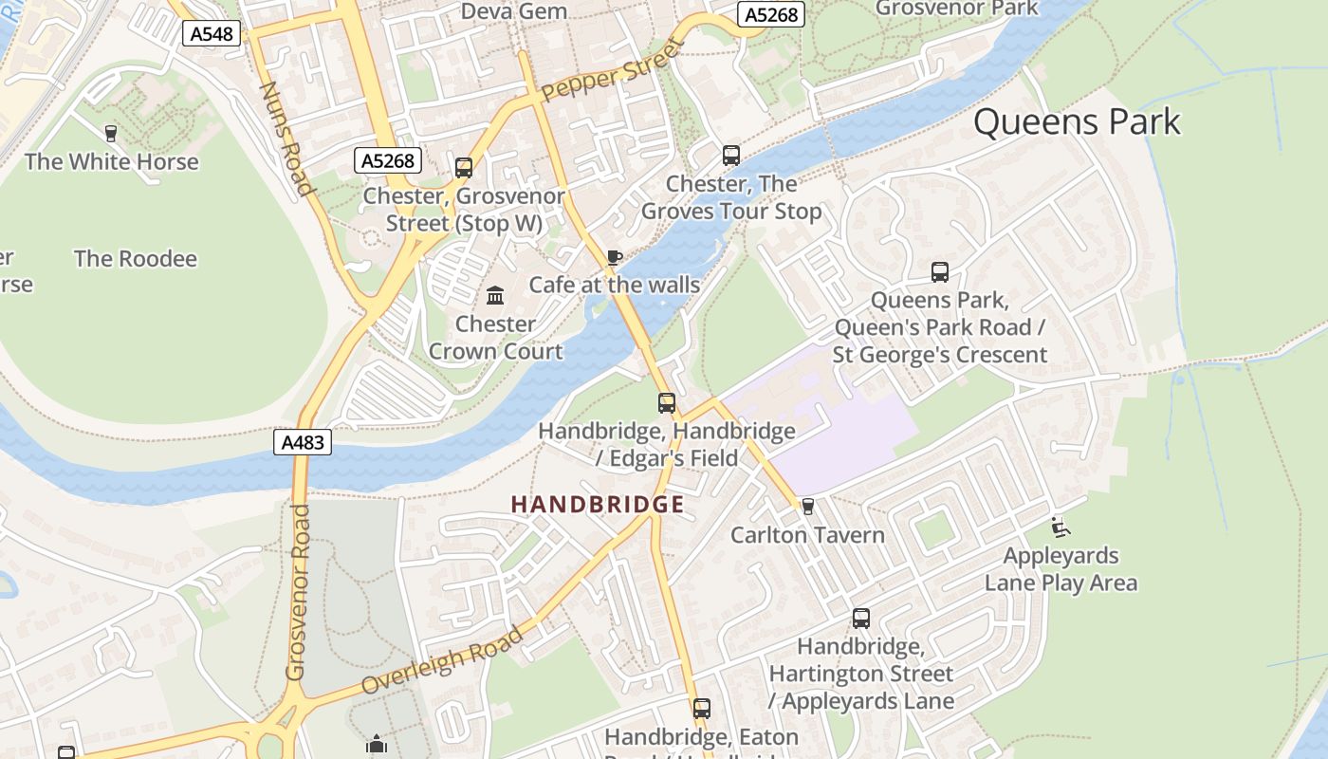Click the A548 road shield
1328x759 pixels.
click(211, 34)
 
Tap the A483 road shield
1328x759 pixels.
click(303, 442)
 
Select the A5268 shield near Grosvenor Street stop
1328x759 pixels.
click(389, 160)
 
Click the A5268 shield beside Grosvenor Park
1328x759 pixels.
click(771, 14)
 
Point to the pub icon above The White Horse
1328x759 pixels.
click(111, 133)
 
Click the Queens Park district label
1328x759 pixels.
click(1077, 122)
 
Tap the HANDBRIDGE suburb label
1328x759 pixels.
click(598, 504)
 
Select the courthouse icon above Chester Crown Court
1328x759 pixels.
click(495, 296)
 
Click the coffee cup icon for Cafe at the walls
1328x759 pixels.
click(615, 257)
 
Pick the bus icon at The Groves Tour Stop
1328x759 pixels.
click(730, 156)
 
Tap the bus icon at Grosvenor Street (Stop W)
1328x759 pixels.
click(464, 168)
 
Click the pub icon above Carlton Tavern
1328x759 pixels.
click(807, 507)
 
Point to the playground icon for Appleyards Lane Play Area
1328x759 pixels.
click(1061, 528)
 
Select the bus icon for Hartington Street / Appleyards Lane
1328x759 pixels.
click(860, 619)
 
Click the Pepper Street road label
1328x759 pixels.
click(613, 70)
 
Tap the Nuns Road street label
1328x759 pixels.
click(286, 139)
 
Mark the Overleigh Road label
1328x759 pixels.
click(442, 660)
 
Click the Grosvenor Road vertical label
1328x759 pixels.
click(298, 592)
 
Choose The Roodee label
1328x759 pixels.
click(136, 258)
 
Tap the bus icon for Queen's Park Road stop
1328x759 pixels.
click(939, 272)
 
